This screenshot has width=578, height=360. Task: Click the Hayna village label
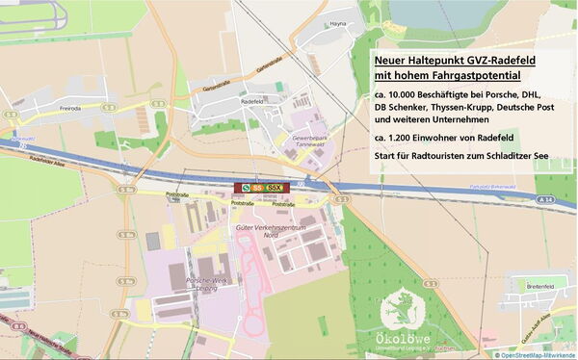coord(337,22)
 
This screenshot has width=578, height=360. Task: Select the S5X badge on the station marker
coord(275,188)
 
